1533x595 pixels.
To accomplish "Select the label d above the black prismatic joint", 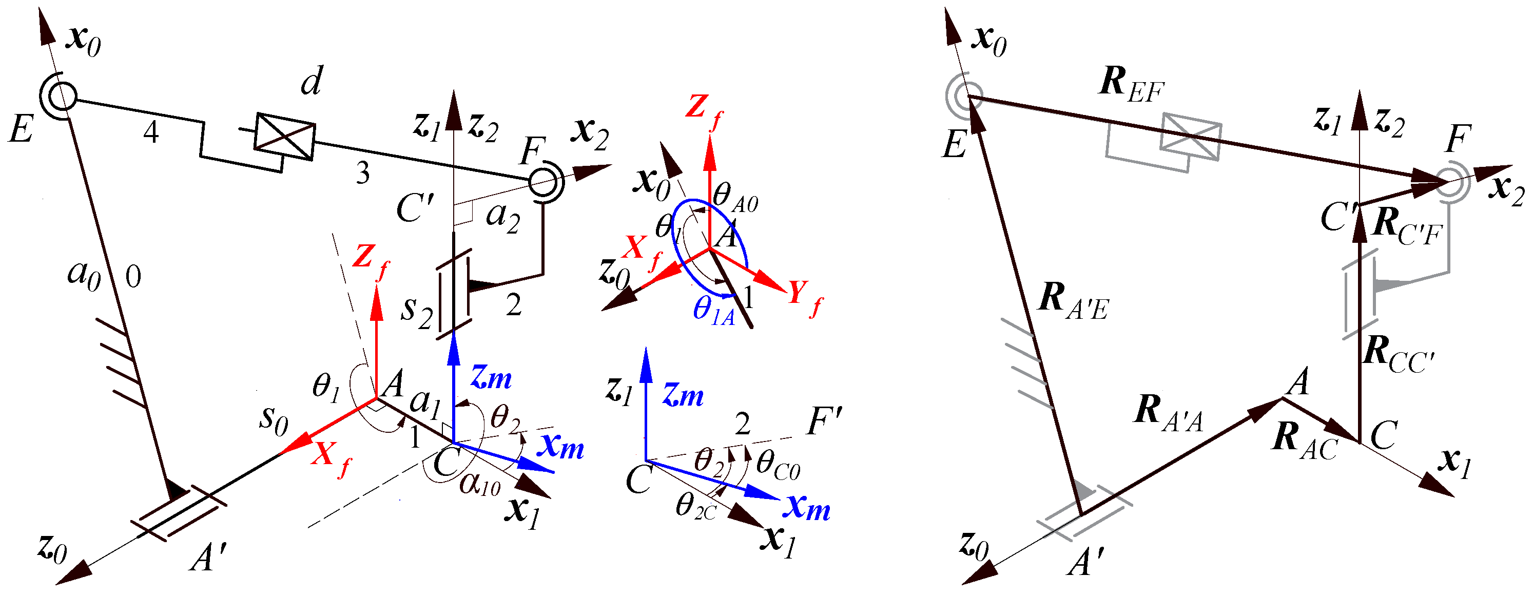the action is pyautogui.click(x=311, y=81).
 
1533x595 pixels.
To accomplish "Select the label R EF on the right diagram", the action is pyautogui.click(x=1131, y=85).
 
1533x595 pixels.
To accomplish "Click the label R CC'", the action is pyautogui.click(x=1398, y=354).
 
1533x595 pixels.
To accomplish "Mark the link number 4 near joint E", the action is pyautogui.click(x=151, y=131).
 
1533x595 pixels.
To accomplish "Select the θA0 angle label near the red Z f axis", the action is pyautogui.click(x=735, y=198).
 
